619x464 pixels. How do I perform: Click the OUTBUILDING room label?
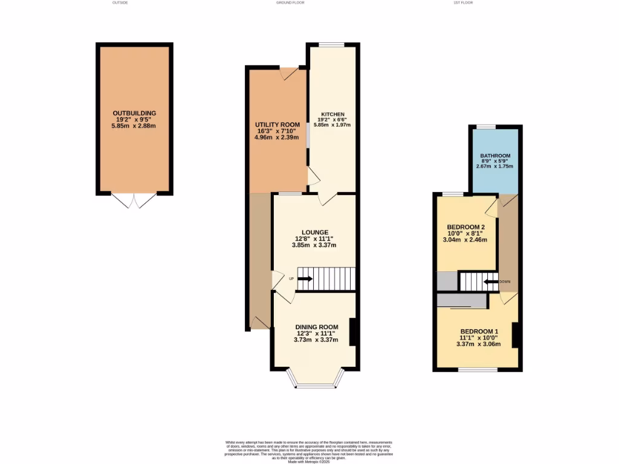134,113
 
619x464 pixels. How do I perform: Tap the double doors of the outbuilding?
134,200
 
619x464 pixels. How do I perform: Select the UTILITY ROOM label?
277,124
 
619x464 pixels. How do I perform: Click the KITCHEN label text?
332,114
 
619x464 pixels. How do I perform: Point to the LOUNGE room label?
314,232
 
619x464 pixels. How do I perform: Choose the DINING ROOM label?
316,326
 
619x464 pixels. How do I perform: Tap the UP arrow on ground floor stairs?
304,279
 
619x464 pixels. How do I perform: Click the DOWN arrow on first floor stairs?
490,282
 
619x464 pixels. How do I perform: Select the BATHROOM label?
495,155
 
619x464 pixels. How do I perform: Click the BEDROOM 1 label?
479,331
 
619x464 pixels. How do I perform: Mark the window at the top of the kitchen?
332,44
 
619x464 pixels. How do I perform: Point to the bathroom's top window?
485,126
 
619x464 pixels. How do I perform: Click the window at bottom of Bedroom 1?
477,369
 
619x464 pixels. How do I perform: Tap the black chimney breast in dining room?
352,332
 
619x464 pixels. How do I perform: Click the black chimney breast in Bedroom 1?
516,335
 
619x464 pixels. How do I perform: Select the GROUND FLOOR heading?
290,2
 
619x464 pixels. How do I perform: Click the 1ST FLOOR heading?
462,2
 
